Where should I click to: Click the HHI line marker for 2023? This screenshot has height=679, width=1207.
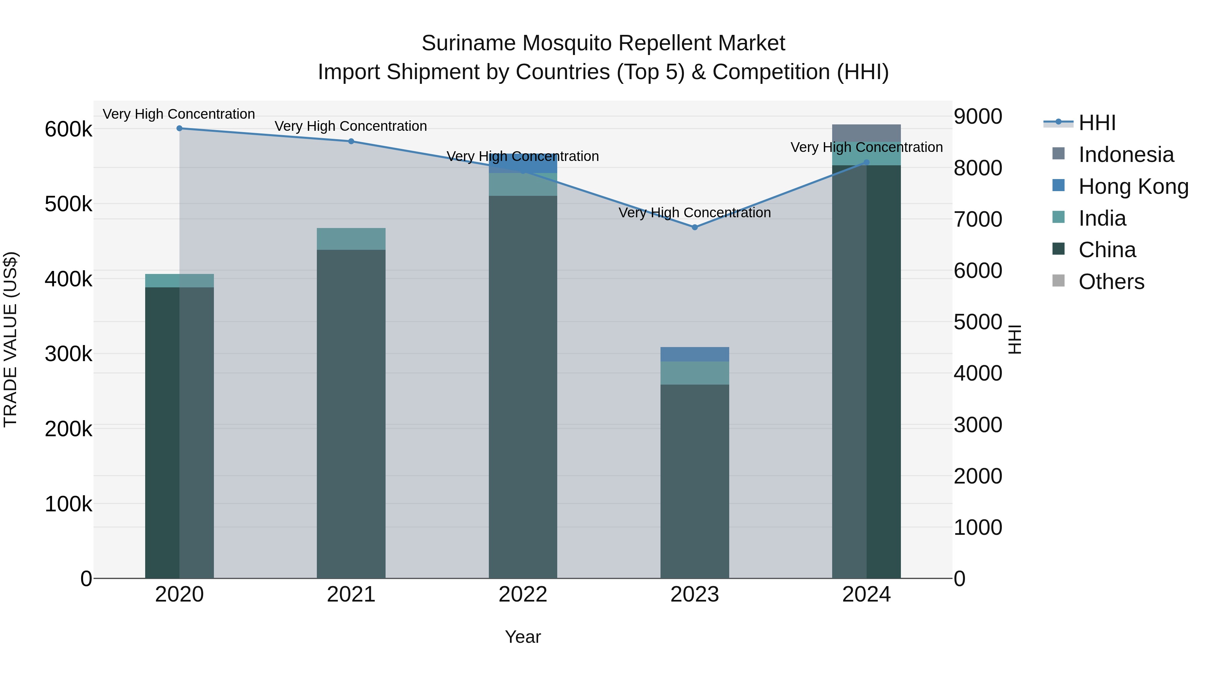click(694, 227)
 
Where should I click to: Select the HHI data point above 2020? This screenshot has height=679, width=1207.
click(179, 128)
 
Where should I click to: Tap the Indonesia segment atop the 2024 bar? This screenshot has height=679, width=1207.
click(866, 133)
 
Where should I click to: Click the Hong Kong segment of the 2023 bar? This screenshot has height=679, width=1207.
click(694, 354)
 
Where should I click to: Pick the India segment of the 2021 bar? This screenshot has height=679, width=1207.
click(351, 239)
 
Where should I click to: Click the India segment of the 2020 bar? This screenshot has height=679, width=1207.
click(179, 281)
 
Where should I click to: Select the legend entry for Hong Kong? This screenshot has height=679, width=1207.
click(1120, 186)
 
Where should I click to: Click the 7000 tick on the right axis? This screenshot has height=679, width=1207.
click(978, 219)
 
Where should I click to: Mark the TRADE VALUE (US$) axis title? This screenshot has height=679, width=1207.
click(10, 339)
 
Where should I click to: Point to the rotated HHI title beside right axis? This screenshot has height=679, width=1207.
click(1015, 339)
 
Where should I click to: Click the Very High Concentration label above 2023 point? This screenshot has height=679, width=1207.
click(694, 213)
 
